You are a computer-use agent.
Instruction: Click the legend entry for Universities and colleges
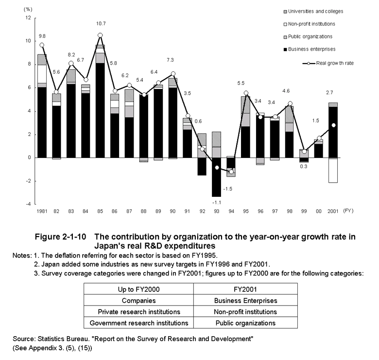[313, 11]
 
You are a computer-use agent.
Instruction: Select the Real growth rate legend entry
[328, 63]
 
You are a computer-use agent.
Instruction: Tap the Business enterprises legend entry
[310, 49]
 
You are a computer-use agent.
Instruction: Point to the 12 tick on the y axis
[28, 17]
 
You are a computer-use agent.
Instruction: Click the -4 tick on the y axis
[28, 204]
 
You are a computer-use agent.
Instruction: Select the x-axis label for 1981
[42, 211]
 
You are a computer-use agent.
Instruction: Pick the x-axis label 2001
[333, 211]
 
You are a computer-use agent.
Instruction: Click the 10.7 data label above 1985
[101, 24]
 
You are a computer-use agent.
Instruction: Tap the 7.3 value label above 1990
[170, 60]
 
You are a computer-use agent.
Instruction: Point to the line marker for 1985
[100, 35]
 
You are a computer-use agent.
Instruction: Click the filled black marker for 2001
[333, 125]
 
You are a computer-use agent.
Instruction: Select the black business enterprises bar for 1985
[100, 110]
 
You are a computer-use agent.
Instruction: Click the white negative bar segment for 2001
[333, 171]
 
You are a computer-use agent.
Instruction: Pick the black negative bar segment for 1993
[217, 177]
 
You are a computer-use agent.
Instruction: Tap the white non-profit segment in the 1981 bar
[42, 74]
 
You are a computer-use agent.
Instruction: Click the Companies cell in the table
[139, 301]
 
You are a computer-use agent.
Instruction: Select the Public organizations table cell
[245, 323]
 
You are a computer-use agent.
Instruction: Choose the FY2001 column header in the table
[245, 289]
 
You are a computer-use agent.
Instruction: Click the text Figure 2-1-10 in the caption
[60, 237]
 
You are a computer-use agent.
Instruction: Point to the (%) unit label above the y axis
[28, 10]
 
